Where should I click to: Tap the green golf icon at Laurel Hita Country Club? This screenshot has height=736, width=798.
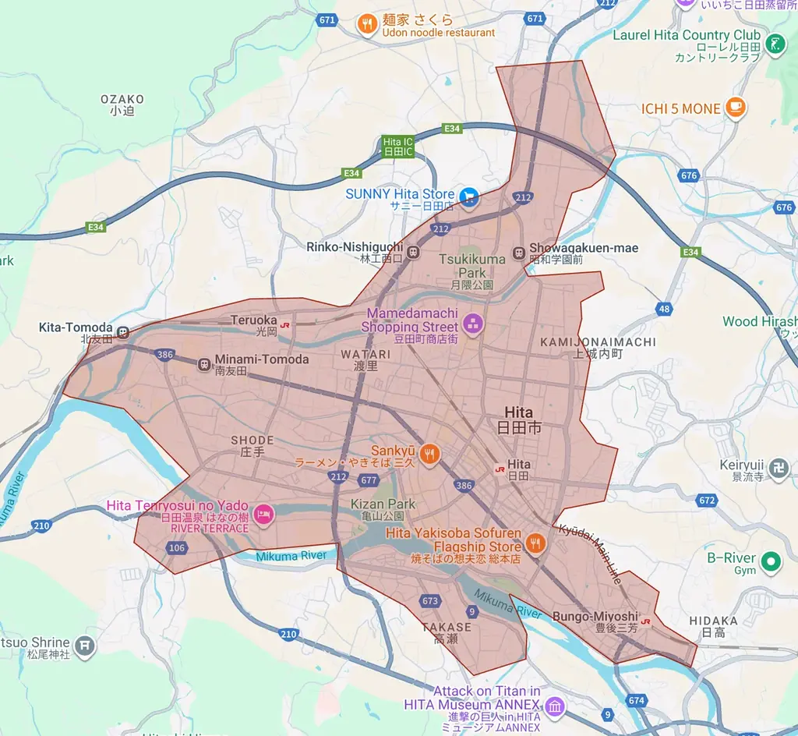pyautogui.click(x=775, y=44)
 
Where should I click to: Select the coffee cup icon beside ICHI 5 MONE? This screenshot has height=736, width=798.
pyautogui.click(x=734, y=108)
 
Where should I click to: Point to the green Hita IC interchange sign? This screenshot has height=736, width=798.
pyautogui.click(x=398, y=146)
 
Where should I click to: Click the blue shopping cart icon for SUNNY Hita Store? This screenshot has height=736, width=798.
pyautogui.click(x=468, y=196)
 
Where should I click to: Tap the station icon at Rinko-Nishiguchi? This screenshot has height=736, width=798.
pyautogui.click(x=413, y=252)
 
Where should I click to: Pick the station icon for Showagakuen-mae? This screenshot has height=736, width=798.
pyautogui.click(x=519, y=253)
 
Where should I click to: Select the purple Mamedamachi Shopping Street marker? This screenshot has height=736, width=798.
pyautogui.click(x=472, y=323)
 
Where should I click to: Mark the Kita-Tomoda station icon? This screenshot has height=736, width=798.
pyautogui.click(x=123, y=332)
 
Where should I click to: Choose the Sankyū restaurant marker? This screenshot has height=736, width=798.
pyautogui.click(x=429, y=452)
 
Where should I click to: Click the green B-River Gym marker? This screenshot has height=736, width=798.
pyautogui.click(x=771, y=560)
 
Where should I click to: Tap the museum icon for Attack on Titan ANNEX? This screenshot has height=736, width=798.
pyautogui.click(x=554, y=707)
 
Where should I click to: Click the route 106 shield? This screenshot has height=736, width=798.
pyautogui.click(x=176, y=548)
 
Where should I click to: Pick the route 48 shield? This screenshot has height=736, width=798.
pyautogui.click(x=664, y=309)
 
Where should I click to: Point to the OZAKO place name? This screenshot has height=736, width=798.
pyautogui.click(x=122, y=99)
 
